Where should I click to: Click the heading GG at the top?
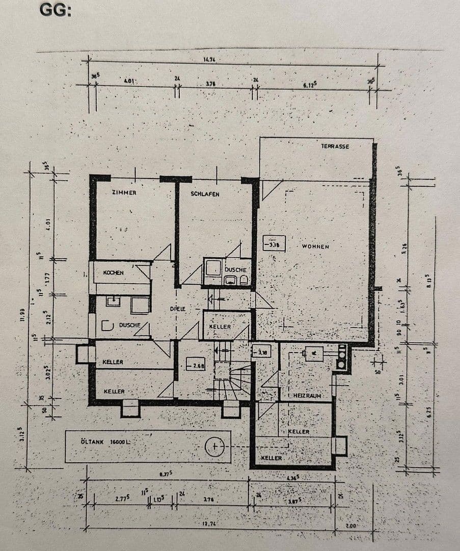55,10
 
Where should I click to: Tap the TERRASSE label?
335,146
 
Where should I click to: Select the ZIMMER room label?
124,193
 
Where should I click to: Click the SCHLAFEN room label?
205,194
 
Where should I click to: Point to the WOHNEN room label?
315,246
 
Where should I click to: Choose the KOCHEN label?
113,273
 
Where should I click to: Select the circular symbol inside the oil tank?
215,447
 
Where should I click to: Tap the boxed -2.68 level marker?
195,365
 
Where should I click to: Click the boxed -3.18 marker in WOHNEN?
274,244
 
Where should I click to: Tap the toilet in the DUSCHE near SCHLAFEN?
243,280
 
